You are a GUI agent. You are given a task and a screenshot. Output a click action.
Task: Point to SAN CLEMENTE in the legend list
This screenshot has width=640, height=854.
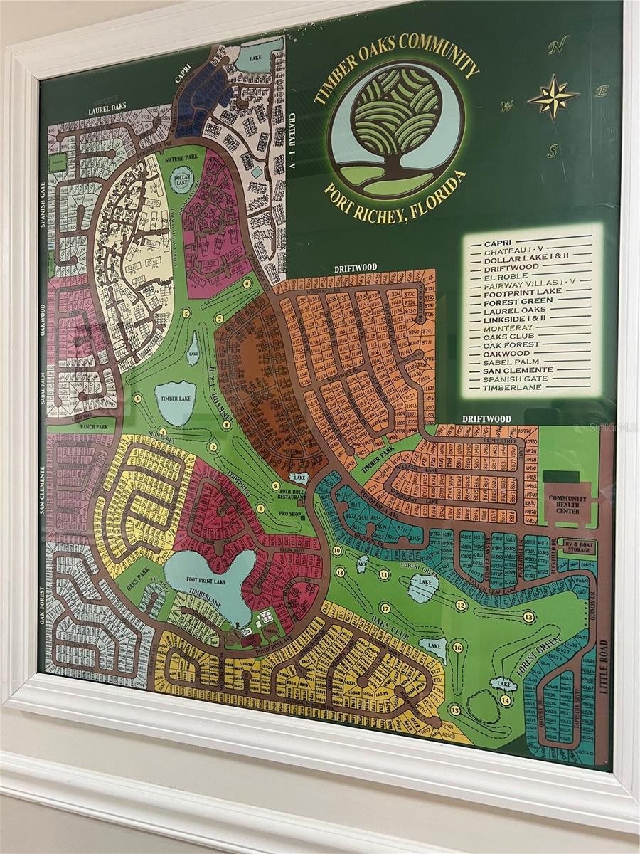click(x=518, y=370)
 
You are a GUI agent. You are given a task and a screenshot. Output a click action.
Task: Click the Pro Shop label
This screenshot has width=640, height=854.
click(x=292, y=512)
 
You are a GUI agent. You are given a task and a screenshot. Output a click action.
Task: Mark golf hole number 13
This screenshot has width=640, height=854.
click(x=528, y=617)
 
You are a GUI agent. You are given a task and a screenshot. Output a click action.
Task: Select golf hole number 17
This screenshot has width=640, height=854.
click(x=385, y=608)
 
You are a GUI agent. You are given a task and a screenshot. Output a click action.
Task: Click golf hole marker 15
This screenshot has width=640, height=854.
click(x=454, y=710)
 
